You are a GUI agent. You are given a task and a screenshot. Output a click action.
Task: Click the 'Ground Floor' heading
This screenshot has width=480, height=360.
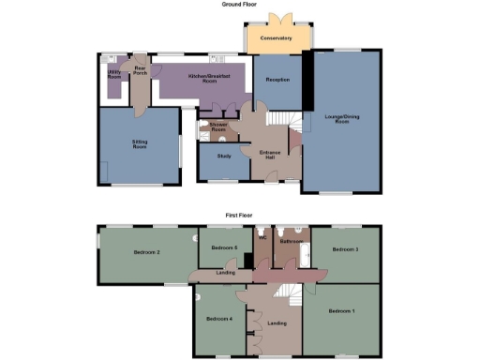coord(239,5)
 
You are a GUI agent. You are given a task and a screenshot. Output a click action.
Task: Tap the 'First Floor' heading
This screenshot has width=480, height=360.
coord(239,215)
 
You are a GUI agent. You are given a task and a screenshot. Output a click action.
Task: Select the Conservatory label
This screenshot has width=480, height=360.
coord(277,38)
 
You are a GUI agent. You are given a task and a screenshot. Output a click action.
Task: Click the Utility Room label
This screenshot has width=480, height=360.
coord(114,74)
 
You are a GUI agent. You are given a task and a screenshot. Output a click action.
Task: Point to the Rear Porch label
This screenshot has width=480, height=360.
coord(140,69)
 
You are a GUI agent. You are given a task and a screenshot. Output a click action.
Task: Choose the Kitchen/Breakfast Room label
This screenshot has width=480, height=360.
coord(203,79)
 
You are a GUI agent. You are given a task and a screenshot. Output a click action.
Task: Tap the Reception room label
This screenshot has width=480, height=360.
coord(277,81)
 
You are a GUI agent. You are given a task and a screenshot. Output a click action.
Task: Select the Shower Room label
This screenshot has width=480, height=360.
coord(219,127)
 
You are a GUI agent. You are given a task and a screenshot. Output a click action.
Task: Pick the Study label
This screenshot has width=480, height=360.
coord(223,156)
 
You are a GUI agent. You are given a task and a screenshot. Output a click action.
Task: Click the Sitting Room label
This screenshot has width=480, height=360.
coord(139,145)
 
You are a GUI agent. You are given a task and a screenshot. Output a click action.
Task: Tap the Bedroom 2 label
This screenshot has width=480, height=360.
coord(146,252)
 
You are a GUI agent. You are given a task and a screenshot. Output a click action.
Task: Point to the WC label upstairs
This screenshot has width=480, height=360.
coord(262,238)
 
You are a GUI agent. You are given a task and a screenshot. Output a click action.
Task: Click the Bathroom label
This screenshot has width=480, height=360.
coord(292,241)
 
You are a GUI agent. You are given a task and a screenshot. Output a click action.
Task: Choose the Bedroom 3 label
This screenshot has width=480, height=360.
coord(345,249)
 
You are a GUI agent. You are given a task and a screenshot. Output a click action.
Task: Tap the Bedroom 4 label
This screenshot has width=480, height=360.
coord(218,319)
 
